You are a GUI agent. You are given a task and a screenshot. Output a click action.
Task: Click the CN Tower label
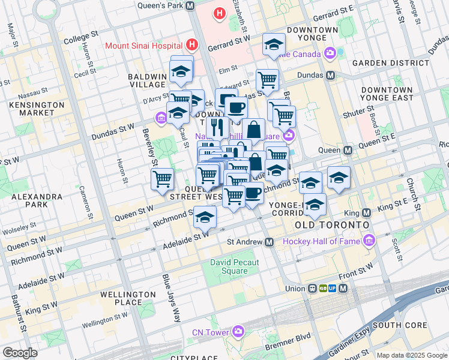210,332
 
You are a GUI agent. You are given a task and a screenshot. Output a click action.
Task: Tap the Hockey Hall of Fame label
321,241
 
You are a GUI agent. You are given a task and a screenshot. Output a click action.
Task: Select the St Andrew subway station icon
270,242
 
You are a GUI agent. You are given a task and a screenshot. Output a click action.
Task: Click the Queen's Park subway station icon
190,5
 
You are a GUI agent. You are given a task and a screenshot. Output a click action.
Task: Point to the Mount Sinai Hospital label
144,45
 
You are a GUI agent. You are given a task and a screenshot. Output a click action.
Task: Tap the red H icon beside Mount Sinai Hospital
191,44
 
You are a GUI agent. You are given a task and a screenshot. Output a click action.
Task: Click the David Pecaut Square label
229,266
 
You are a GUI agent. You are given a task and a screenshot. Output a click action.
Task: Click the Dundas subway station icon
330,76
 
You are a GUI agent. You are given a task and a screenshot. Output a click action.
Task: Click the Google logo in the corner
19,353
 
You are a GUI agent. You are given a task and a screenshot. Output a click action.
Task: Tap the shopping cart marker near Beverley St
163,179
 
